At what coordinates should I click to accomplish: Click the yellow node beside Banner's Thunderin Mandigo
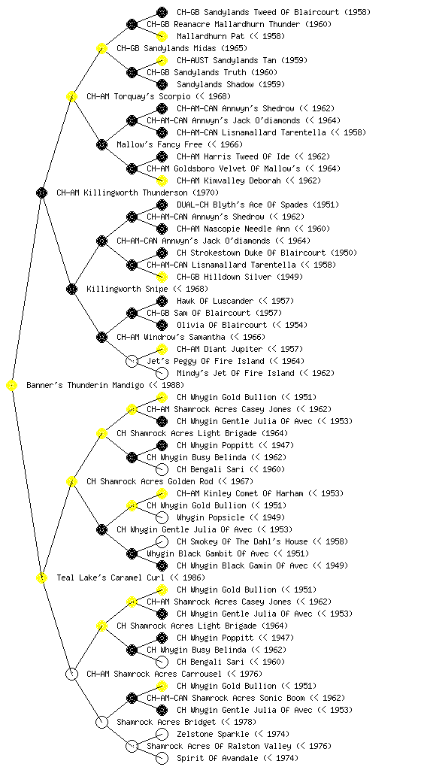(12, 386)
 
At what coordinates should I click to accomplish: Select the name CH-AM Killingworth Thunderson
(122, 193)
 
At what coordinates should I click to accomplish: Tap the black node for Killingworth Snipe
(71, 290)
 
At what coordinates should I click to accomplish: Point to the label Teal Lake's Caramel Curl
(111, 578)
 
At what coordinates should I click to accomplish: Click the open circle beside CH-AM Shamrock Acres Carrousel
(71, 675)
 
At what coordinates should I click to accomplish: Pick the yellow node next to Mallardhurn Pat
(162, 36)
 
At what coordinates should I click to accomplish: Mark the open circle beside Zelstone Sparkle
(162, 734)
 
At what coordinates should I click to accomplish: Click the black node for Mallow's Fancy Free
(101, 145)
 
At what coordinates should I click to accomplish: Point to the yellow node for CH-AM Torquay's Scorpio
(71, 97)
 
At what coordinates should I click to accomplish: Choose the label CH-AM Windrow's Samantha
(171, 338)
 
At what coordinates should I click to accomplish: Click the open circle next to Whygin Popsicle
(162, 517)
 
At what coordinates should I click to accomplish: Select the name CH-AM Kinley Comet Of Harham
(240, 493)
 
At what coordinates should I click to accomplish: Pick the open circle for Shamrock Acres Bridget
(101, 723)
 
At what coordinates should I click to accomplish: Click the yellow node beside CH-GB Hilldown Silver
(162, 277)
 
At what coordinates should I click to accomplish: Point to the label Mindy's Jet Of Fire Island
(235, 373)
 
